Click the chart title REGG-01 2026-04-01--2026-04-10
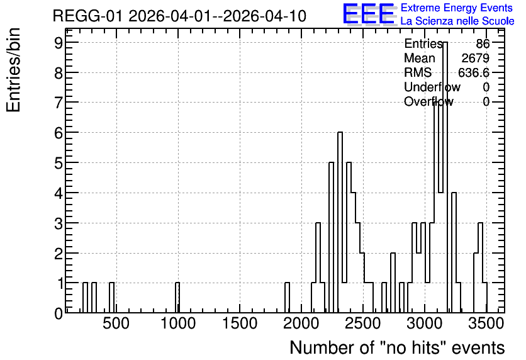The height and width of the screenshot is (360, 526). click(x=179, y=16)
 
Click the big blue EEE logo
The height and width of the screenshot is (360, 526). click(x=369, y=14)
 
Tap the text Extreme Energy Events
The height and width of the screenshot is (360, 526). click(x=457, y=8)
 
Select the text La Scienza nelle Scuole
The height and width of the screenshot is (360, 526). click(x=457, y=21)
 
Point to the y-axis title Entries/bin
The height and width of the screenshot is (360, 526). click(x=13, y=70)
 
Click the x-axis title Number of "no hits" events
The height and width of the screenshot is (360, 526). click(x=397, y=347)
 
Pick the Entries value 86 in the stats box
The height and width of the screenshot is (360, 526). click(x=483, y=43)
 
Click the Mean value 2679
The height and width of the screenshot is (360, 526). click(x=475, y=58)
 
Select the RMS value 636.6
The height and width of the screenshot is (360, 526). click(x=474, y=72)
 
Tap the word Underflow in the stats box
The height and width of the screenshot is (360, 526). click(x=432, y=87)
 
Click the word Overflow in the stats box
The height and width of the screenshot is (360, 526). click(x=428, y=101)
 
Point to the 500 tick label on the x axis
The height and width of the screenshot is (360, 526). click(x=116, y=323)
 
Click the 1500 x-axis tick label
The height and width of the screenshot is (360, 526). click(x=240, y=323)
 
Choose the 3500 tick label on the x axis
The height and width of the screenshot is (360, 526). click(x=486, y=323)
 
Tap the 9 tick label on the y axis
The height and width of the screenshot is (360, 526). click(x=59, y=42)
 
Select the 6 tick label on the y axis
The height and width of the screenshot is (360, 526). click(x=59, y=133)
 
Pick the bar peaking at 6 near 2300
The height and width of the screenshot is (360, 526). click(x=340, y=222)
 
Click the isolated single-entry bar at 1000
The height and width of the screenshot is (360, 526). click(x=177, y=298)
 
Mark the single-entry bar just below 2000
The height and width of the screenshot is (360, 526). click(x=287, y=298)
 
